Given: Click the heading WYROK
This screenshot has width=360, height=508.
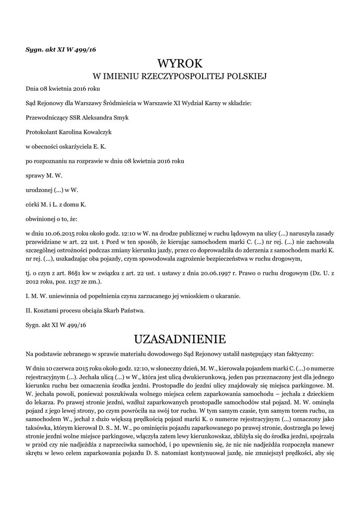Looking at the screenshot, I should coord(180,63).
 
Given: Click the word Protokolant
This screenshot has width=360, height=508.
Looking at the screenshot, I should coord(42,132).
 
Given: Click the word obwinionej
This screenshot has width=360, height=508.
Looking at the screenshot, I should coord(40,218).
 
